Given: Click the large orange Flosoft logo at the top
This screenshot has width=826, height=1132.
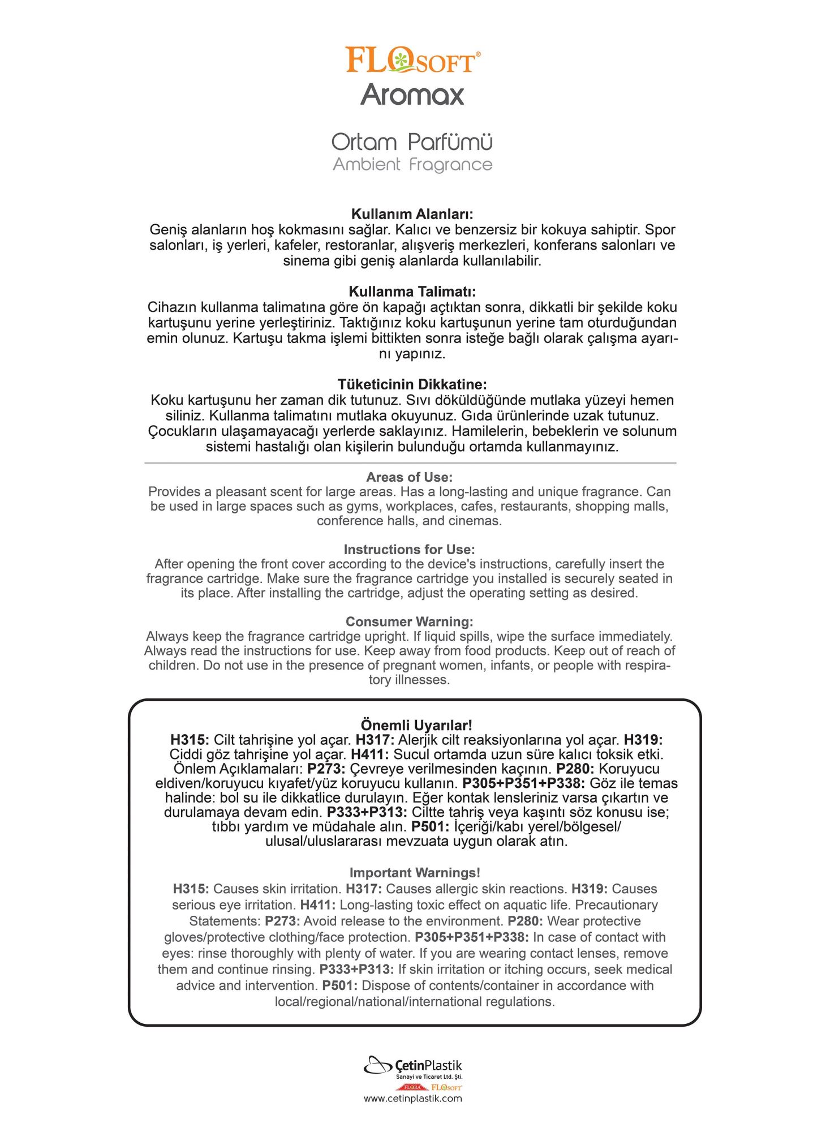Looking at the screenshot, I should [412, 61].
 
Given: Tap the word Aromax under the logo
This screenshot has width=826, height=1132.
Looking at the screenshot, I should [412, 95].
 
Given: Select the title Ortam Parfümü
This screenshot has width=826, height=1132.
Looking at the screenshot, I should [412, 141].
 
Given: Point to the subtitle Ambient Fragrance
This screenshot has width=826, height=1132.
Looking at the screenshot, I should [412, 165].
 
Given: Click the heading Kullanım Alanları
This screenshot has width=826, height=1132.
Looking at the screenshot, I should [412, 215].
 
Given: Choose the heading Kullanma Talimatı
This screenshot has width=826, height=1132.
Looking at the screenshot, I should [412, 292].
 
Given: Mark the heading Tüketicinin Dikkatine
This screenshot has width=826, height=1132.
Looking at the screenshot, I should [412, 385].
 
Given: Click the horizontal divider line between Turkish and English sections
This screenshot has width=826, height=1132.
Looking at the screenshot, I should [410, 463].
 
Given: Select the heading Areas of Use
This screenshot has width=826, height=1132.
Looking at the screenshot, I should [409, 477].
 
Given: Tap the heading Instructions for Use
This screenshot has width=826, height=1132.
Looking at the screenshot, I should [409, 550].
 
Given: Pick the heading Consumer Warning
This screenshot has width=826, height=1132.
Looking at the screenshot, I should [409, 622].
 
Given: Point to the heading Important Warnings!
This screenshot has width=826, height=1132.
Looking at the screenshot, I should [415, 873].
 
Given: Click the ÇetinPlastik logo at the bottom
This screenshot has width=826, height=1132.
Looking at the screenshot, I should [412, 1067].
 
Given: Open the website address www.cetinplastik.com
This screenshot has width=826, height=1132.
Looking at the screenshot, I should [412, 1099].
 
